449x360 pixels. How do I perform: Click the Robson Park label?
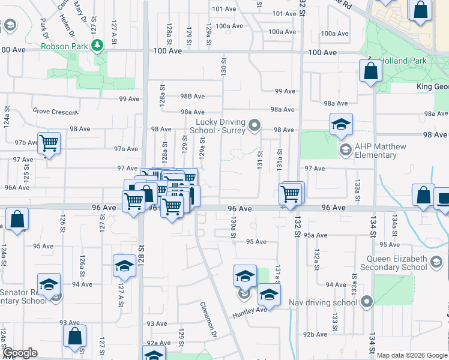pyautogui.click(x=65, y=46)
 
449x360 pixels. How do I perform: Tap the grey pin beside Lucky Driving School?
pyautogui.click(x=255, y=125)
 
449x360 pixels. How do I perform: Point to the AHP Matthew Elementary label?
pyautogui.click(x=381, y=151)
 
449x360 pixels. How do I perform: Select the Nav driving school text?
pyautogui.click(x=322, y=302)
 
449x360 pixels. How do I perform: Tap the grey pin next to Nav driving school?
pyautogui.click(x=366, y=302)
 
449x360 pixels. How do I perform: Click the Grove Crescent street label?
pyautogui.click(x=55, y=112)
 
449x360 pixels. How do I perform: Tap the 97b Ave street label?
pyautogui.click(x=26, y=142)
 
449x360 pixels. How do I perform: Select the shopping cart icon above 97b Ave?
pyautogui.click(x=49, y=143)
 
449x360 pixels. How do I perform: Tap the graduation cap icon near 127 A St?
pyautogui.click(x=124, y=266)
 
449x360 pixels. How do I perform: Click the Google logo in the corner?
pyautogui.click(x=20, y=353)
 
